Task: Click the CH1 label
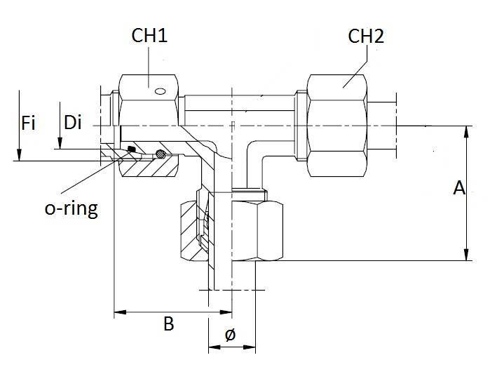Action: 149,36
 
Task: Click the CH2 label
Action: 366,36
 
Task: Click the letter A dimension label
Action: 459,188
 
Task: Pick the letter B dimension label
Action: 169,324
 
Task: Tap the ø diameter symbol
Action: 230,335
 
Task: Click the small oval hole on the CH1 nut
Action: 161,90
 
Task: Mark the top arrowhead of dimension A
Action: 465,131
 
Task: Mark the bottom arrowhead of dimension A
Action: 465,256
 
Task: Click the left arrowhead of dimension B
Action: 119,311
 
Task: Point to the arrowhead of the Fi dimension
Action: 19,156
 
